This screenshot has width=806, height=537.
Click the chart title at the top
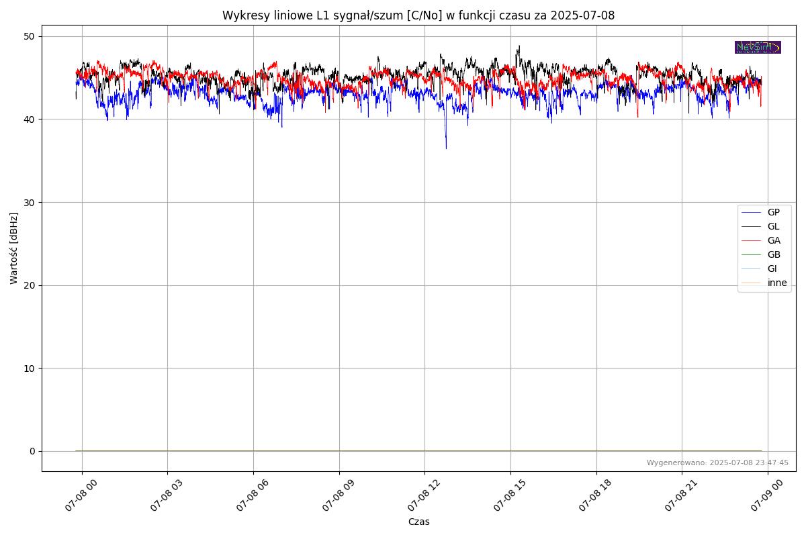click(418, 15)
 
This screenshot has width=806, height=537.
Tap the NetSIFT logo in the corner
click(758, 47)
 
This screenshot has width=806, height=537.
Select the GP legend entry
click(773, 212)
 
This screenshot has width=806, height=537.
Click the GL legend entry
click(773, 226)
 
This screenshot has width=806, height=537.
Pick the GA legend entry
click(774, 240)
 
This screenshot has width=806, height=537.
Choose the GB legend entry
click(774, 254)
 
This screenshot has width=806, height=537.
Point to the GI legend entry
click(772, 268)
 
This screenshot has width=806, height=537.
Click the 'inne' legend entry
click(776, 283)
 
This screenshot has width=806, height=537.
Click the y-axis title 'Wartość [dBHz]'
click(14, 248)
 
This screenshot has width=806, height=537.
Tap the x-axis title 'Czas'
click(418, 522)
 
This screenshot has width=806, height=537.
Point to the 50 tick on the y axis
click(30, 36)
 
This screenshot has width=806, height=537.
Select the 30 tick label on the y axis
click(30, 202)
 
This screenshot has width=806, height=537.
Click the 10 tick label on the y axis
click(30, 368)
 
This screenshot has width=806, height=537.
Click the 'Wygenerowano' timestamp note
click(717, 462)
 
